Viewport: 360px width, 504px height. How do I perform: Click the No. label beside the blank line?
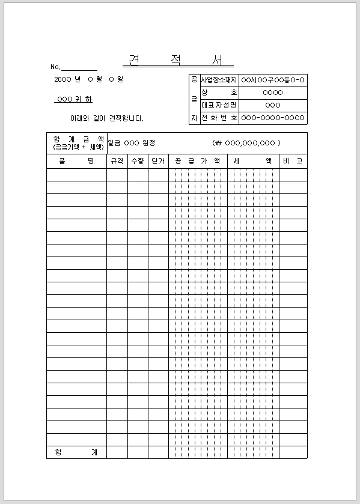coord(56,67)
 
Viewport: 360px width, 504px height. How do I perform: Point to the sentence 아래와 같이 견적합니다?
coord(107,119)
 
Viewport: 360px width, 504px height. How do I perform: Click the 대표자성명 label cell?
coord(219,105)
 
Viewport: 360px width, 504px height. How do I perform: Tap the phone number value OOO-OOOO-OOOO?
coord(273,118)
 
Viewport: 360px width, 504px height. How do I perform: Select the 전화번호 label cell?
coord(219,118)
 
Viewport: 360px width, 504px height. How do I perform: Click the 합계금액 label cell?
coord(76,142)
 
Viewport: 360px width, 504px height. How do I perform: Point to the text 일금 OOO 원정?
coord(132,143)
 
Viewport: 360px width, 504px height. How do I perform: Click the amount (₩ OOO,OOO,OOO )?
coord(246,143)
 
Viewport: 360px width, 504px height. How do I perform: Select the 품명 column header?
coord(76,161)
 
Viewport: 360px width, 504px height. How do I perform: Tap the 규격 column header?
coord(117,161)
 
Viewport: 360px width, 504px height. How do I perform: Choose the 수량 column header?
coord(138,161)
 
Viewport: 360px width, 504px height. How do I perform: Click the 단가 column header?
coord(158,161)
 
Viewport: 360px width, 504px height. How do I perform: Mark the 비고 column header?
coord(293,161)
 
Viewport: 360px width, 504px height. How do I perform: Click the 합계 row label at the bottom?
coord(76,452)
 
